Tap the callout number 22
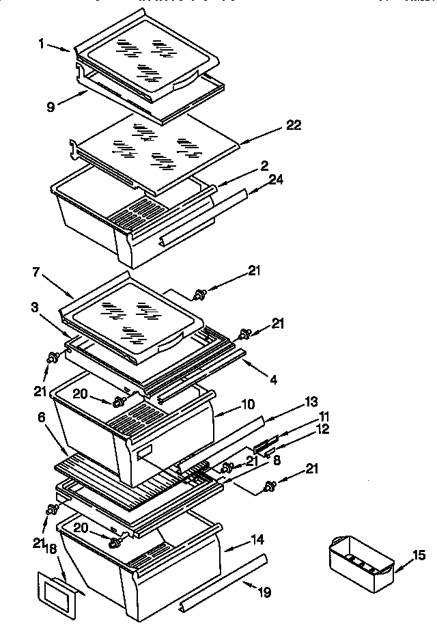pos(294,125)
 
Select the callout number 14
pos(257,539)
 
